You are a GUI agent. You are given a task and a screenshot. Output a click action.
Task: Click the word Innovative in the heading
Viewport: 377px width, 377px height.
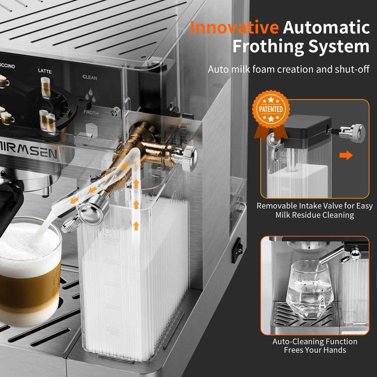point(234,27)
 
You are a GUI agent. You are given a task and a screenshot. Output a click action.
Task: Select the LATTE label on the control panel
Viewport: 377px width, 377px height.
point(45,71)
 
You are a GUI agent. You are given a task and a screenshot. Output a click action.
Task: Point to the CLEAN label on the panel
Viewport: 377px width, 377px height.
point(89,77)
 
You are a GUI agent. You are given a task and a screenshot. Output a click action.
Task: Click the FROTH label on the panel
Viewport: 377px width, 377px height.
point(91,113)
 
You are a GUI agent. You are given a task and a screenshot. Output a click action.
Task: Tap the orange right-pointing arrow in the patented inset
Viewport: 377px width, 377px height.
point(346,155)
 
